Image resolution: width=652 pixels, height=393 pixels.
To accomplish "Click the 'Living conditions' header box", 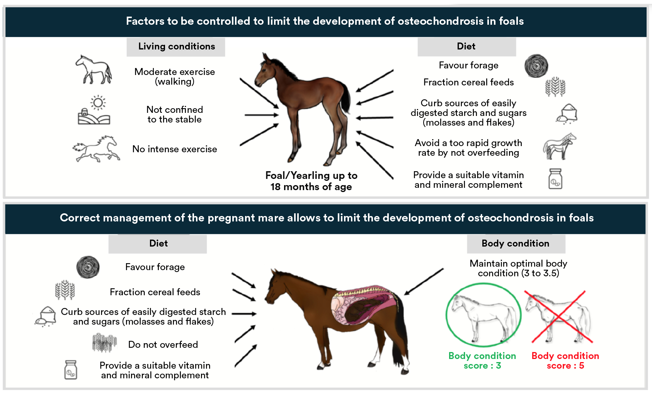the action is click(x=176, y=47).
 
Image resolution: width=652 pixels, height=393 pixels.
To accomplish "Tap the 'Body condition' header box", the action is click(x=516, y=244).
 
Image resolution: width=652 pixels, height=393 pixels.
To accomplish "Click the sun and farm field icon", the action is click(x=94, y=110).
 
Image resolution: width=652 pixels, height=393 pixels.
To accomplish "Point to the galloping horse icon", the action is click(x=96, y=149).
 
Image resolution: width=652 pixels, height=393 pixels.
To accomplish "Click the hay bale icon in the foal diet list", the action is click(x=536, y=66).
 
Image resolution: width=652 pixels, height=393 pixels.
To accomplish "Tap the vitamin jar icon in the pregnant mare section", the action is click(x=70, y=370).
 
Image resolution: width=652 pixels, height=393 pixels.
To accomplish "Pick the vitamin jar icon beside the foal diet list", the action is click(x=555, y=179).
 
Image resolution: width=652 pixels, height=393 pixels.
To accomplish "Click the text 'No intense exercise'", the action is click(x=175, y=149).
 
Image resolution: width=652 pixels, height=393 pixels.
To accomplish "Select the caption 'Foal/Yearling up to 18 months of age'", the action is click(x=311, y=181).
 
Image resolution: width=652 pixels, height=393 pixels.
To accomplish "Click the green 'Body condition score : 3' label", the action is click(x=482, y=361).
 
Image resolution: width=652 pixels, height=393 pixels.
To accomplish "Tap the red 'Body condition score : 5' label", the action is click(x=565, y=361).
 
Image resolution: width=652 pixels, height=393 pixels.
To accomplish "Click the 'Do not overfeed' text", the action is click(x=163, y=345).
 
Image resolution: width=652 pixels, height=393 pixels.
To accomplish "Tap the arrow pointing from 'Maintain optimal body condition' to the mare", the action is click(x=424, y=282).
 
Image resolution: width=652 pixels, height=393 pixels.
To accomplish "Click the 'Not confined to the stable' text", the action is click(x=175, y=114).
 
